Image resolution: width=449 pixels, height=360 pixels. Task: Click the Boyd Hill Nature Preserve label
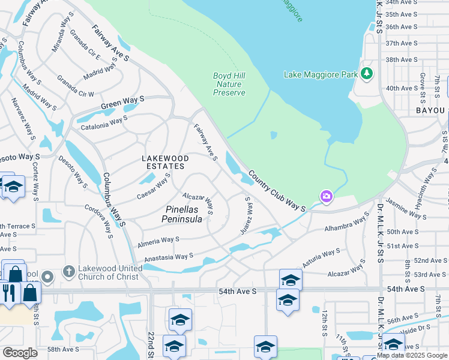pyautogui.click(x=229, y=84)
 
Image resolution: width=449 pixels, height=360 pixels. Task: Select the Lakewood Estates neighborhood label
pyautogui.click(x=164, y=162)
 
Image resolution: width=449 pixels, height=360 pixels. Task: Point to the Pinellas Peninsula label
pyautogui.click(x=182, y=214)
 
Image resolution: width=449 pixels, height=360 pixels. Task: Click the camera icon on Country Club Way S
pyautogui.click(x=326, y=196)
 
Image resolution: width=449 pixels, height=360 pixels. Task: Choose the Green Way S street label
pyautogui.click(x=122, y=102)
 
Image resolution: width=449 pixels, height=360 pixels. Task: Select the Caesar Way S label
pyautogui.click(x=154, y=187)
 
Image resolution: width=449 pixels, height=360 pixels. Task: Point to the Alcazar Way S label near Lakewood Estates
pyautogui.click(x=199, y=203)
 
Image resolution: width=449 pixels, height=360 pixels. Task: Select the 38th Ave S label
pyautogui.click(x=401, y=59)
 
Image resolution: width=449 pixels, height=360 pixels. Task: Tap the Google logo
pyautogui.click(x=20, y=353)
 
